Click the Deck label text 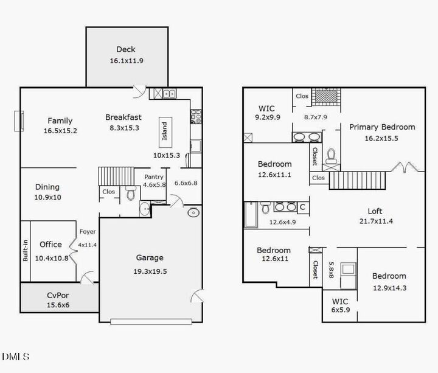(x=126, y=49)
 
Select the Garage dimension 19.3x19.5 (x=149, y=271)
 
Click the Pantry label (x=153, y=177)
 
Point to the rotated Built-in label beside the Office (x=25, y=250)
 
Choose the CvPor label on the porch (x=58, y=295)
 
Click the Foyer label (x=87, y=231)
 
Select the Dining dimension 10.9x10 (x=47, y=198)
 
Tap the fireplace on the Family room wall (x=19, y=120)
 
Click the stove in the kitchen (x=196, y=116)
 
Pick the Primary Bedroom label (x=382, y=127)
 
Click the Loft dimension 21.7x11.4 (x=376, y=221)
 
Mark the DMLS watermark (x=15, y=356)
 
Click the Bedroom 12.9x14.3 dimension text (x=389, y=288)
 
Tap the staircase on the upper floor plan (x=359, y=181)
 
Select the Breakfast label (x=123, y=117)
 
